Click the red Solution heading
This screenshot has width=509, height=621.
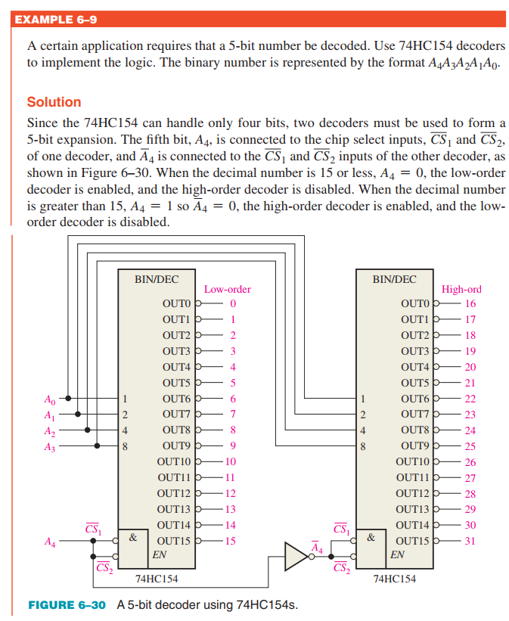(x=54, y=102)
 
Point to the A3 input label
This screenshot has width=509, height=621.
(x=50, y=446)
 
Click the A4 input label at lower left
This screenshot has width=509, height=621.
(x=50, y=542)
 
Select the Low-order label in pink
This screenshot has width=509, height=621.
(x=227, y=289)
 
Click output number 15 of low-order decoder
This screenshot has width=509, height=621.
(x=231, y=541)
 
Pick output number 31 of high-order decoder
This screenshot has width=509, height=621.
(x=470, y=541)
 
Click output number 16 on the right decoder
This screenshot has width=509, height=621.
(x=470, y=303)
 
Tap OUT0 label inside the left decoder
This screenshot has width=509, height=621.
(x=177, y=303)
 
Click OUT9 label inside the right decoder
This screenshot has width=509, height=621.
(x=415, y=446)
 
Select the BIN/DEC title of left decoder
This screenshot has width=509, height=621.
(x=157, y=278)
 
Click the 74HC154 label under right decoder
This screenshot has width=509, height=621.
(x=394, y=579)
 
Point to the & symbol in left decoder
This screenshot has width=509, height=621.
(x=132, y=538)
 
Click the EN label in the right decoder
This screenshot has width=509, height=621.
(x=397, y=554)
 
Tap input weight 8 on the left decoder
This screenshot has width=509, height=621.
(x=126, y=446)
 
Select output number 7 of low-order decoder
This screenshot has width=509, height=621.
(x=233, y=414)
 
